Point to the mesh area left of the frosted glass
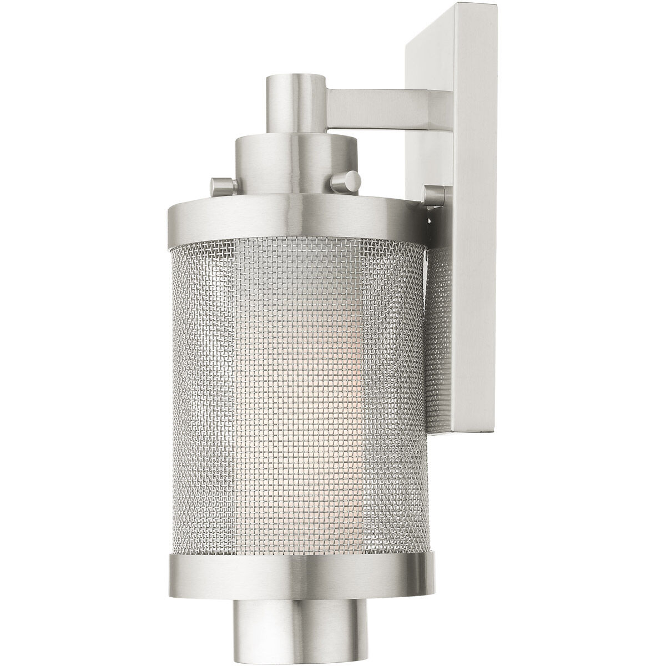tap(205, 389)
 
